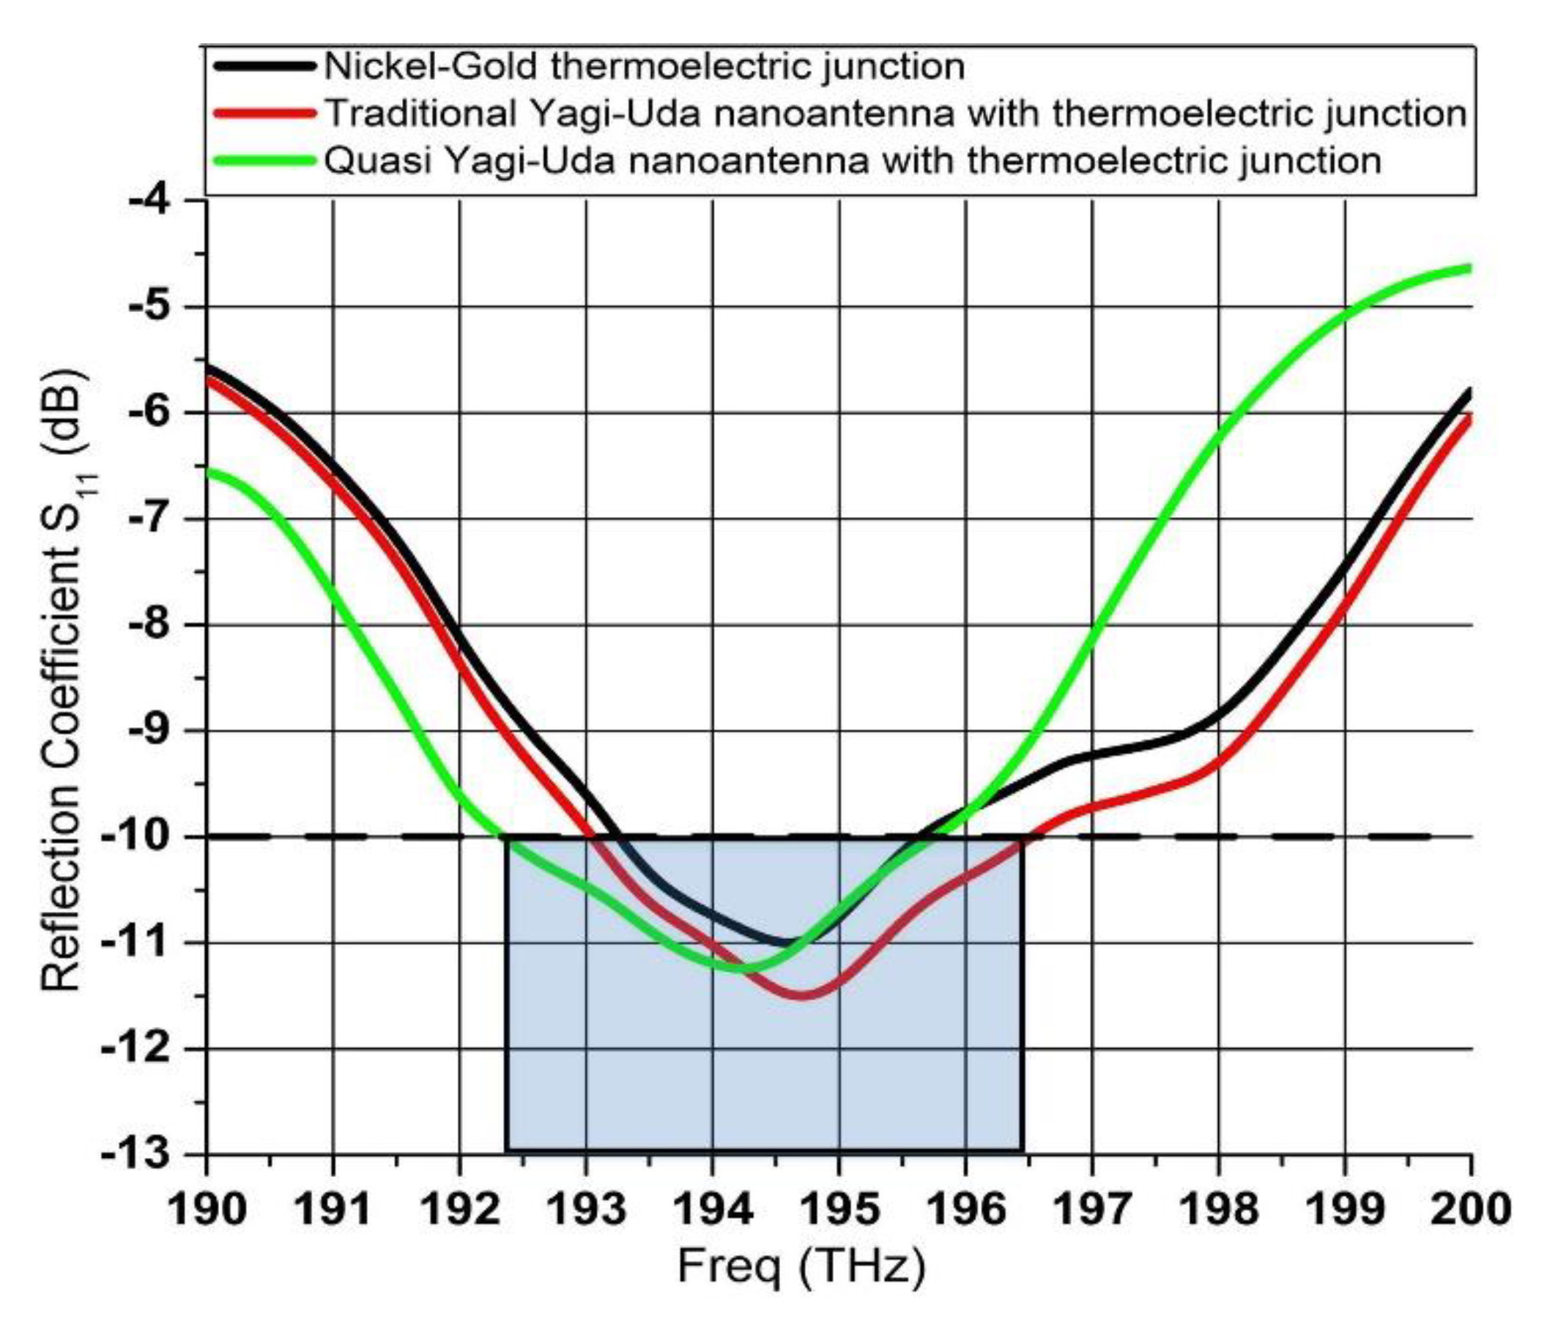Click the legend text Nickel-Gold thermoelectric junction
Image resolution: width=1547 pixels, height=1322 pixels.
pyautogui.click(x=644, y=67)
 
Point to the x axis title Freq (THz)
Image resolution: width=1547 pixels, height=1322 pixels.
pyautogui.click(x=801, y=1267)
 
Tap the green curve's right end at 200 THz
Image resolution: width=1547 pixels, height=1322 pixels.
pyautogui.click(x=1469, y=268)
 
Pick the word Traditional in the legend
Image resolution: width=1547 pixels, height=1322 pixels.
pyautogui.click(x=422, y=114)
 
